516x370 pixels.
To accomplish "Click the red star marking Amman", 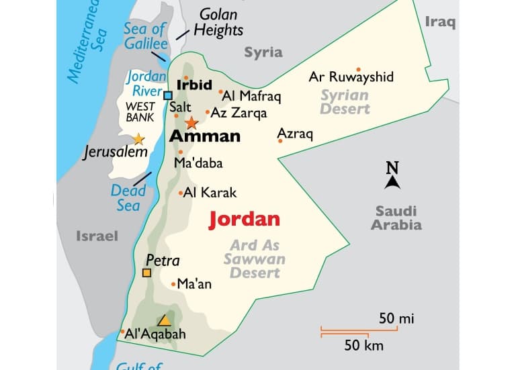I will coord(191,123).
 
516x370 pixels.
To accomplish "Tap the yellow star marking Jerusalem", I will coord(138,139).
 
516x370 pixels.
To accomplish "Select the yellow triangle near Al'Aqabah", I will coord(164,320).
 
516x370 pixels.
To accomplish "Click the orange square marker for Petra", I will coord(146,273).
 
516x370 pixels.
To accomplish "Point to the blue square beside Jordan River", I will coord(168,95).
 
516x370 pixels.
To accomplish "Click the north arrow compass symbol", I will coord(393,176).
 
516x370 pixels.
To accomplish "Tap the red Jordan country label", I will coord(244,220).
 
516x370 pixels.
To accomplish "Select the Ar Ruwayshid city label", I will coord(351,77).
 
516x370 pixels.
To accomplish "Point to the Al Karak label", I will coord(210,193).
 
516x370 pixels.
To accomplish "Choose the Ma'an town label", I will coord(194,284).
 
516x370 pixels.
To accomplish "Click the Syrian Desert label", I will coord(345,101).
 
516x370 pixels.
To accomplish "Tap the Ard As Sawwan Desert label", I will coord(255,259).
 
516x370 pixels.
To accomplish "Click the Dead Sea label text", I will coord(128,197).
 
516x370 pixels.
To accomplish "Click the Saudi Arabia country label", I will coord(396,218).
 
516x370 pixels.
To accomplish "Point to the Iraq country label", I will coord(440,22).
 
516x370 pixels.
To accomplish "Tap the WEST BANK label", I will coord(140,111).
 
